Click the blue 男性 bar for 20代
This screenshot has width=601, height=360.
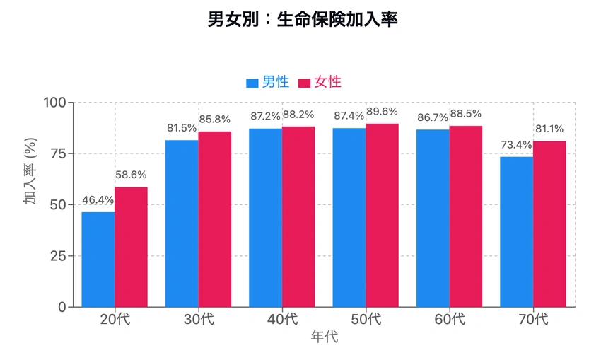pyautogui.click(x=98, y=260)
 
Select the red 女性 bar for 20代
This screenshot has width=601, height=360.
pyautogui.click(x=132, y=247)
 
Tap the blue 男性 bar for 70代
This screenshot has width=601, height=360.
pyautogui.click(x=516, y=232)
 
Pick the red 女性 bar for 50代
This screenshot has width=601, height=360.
pyautogui.click(x=383, y=215)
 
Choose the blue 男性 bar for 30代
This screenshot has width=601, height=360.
pyautogui.click(x=182, y=223)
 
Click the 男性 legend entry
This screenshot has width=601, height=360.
pyautogui.click(x=268, y=82)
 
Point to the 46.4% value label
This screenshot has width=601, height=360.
pyautogui.click(x=98, y=201)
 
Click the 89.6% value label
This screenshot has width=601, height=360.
pyautogui.click(x=383, y=112)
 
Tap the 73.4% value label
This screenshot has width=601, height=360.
pyautogui.click(x=516, y=145)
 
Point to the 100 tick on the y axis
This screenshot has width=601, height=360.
pyautogui.click(x=54, y=103)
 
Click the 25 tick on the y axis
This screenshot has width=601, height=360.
pyautogui.click(x=57, y=256)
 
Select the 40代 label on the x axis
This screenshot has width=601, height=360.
pyautogui.click(x=282, y=320)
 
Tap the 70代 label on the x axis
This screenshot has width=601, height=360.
pyautogui.click(x=533, y=320)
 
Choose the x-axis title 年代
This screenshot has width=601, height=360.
pyautogui.click(x=325, y=337)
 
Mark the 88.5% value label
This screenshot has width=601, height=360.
pyautogui.click(x=466, y=115)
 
